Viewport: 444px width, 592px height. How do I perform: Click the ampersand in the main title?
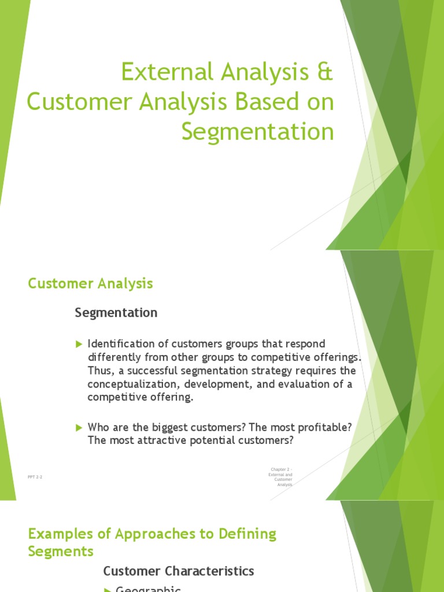click(x=326, y=73)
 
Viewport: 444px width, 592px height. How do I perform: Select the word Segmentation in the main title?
click(x=257, y=131)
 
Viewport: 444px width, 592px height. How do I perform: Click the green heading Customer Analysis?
click(x=91, y=283)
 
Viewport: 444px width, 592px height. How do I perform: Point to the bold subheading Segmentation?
click(x=116, y=313)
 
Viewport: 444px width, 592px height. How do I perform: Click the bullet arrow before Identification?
click(x=79, y=345)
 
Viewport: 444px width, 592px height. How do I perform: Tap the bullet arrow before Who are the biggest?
click(x=79, y=427)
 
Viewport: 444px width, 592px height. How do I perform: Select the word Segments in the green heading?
click(x=61, y=551)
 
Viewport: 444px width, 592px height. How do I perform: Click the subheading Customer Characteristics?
click(x=179, y=571)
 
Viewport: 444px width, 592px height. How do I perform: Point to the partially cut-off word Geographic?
click(x=149, y=589)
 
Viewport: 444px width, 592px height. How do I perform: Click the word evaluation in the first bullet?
click(x=307, y=384)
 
